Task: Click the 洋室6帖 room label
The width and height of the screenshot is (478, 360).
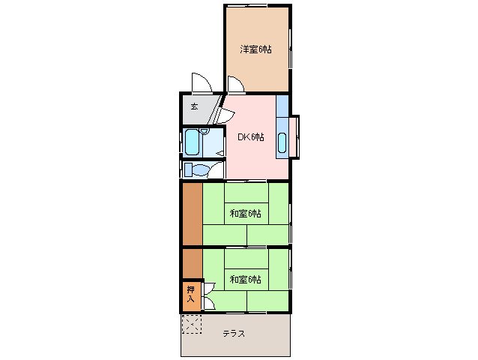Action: click(x=255, y=49)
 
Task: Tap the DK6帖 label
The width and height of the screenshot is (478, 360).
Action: click(x=251, y=136)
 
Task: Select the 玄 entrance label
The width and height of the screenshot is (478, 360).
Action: click(x=194, y=106)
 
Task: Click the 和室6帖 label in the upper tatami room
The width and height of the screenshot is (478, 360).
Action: click(x=245, y=214)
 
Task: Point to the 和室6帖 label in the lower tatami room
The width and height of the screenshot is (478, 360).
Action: click(x=245, y=280)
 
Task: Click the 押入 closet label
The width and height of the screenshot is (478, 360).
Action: click(x=190, y=295)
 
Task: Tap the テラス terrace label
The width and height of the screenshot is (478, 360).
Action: click(x=233, y=334)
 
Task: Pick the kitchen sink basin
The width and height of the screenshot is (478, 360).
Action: click(x=282, y=142)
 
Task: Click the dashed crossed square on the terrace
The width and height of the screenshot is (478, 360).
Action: click(x=192, y=325)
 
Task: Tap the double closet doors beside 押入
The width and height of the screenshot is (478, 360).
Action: click(x=209, y=295)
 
